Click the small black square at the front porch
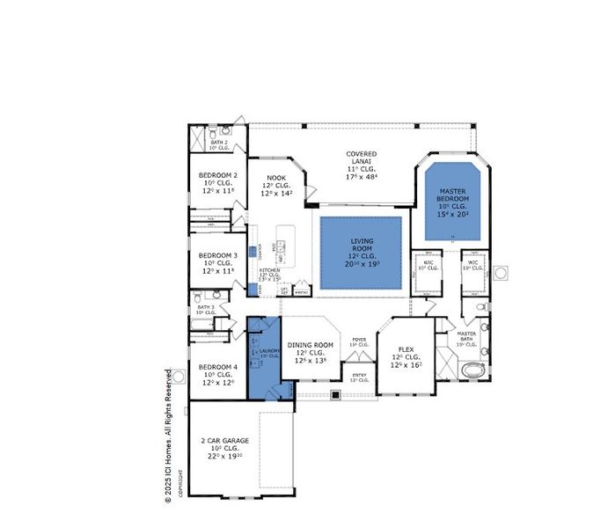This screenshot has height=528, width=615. tap(335, 394)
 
